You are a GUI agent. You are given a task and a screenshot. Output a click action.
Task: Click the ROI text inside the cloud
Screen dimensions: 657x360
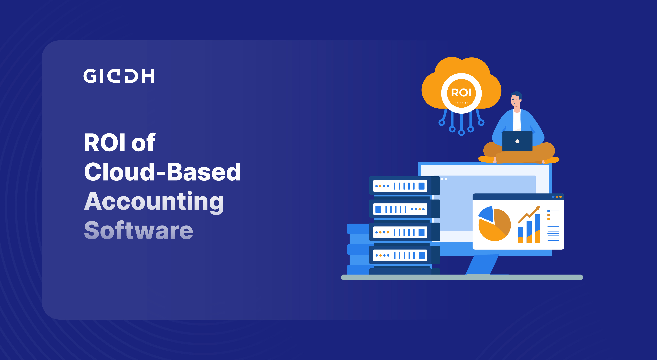point(461,93)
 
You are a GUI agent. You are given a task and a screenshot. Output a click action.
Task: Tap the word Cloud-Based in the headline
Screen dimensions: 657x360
point(162,172)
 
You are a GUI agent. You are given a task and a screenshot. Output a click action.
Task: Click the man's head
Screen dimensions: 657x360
point(516,99)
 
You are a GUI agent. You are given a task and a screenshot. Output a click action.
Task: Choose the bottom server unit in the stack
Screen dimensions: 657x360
point(404,255)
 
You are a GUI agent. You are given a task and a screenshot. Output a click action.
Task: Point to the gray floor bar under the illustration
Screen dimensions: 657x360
point(462,277)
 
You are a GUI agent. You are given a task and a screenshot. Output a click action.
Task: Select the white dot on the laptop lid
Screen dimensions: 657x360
point(517,141)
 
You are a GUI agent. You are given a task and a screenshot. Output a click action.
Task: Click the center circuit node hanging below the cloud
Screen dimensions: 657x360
point(461,133)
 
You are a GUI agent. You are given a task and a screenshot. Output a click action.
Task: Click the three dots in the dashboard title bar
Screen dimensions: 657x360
point(557,197)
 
